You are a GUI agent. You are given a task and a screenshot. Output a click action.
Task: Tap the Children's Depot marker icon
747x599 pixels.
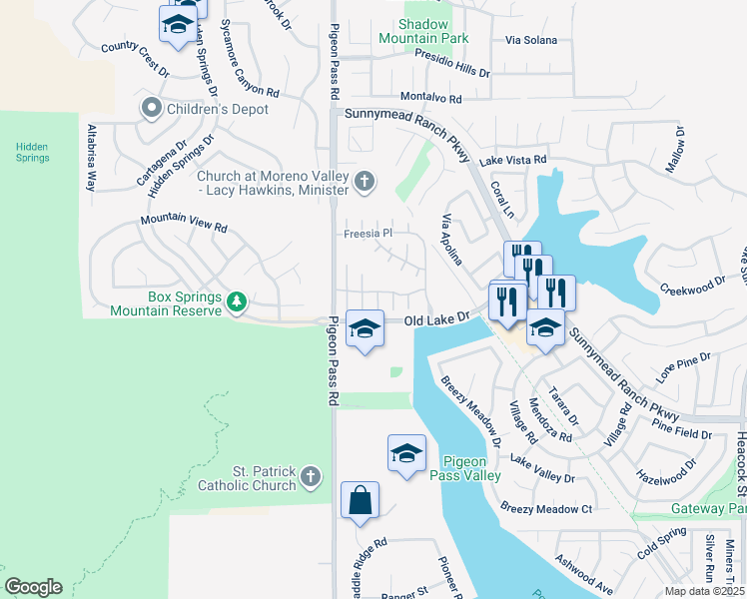coord(152,107)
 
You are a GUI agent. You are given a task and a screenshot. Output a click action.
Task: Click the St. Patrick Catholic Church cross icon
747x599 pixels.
coord(312,477)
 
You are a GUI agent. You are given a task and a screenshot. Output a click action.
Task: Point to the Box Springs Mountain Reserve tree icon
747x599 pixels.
coord(236,301)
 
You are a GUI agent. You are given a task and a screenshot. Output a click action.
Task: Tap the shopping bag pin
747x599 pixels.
coord(360,501)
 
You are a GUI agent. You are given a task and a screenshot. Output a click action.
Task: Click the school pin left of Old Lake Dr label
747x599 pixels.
coord(366,328)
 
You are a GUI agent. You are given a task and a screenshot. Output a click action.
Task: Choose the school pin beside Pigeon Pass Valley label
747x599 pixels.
coord(406,453)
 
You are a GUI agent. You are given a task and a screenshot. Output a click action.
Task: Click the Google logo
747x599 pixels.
coord(33,586)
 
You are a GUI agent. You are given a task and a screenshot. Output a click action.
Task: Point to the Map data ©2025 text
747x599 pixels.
coord(705,591)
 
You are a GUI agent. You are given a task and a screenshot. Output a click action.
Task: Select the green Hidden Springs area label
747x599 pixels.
coord(31,152)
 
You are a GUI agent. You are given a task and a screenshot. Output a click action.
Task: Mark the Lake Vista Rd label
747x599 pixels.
coord(513,160)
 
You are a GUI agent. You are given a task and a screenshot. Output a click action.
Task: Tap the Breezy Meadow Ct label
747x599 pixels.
coord(547,508)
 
